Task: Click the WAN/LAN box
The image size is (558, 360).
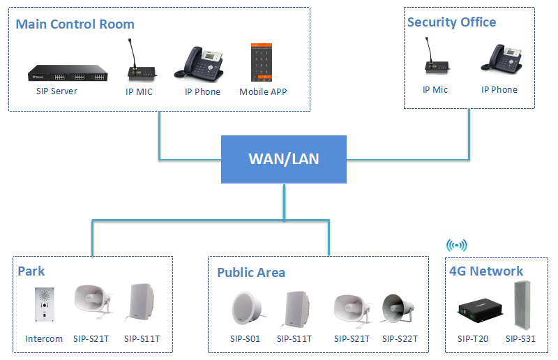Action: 283,159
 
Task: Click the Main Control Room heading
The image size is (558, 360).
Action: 75,24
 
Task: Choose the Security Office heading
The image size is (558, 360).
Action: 451,22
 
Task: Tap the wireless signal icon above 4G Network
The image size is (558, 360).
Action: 457,245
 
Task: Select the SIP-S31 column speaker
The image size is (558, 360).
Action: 520,306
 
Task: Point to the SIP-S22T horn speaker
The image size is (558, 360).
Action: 400,308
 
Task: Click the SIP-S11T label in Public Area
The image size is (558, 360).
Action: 294,339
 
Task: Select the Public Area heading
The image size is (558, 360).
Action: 250,272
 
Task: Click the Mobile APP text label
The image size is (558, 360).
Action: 263,92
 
